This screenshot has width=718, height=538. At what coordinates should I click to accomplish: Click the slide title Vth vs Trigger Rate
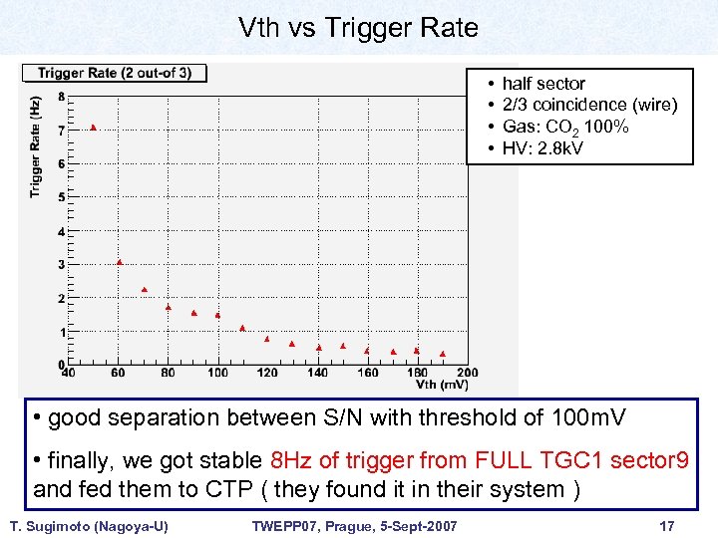tap(358, 28)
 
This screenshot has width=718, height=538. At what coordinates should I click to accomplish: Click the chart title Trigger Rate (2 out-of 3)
tap(122, 73)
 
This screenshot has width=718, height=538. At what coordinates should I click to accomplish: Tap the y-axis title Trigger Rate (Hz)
tap(36, 145)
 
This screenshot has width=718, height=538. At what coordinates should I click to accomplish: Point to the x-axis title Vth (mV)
tap(440, 384)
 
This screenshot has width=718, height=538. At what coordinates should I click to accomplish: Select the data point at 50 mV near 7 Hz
tap(94, 128)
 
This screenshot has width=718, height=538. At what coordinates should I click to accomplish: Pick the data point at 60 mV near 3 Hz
tap(119, 262)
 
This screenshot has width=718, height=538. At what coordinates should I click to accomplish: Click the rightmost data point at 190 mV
tap(442, 354)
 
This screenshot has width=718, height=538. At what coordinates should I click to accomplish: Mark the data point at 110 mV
tap(242, 328)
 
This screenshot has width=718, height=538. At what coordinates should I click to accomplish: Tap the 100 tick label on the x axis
tap(217, 373)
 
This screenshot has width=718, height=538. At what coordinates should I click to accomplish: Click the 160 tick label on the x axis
tap(367, 373)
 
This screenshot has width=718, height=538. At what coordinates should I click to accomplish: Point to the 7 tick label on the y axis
tap(62, 131)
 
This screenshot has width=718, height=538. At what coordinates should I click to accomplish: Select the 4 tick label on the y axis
tap(62, 231)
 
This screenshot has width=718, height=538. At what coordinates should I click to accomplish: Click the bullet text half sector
tap(543, 84)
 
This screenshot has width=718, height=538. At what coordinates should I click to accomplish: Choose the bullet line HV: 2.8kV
tap(542, 148)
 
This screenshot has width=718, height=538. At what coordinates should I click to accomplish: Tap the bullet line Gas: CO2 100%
tap(565, 127)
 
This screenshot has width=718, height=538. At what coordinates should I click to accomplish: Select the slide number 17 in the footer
tap(667, 525)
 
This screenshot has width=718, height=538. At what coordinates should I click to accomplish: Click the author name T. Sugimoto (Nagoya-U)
tap(89, 525)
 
